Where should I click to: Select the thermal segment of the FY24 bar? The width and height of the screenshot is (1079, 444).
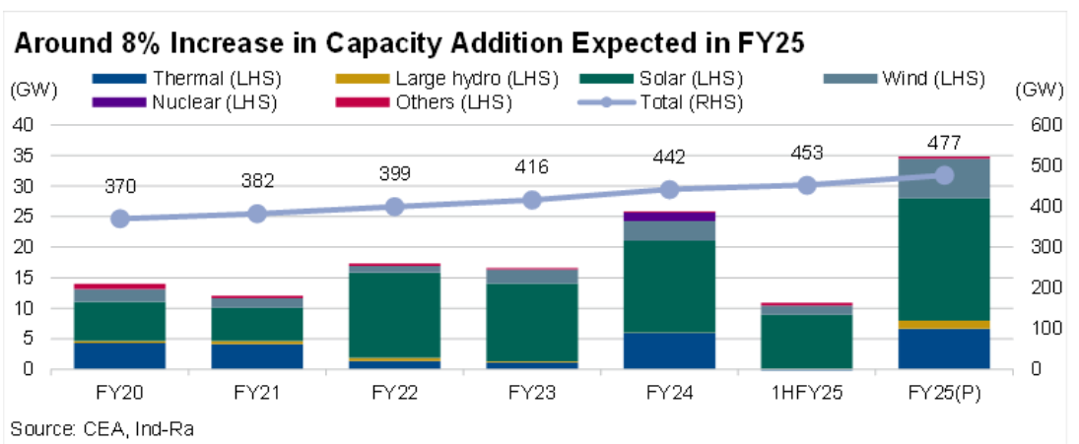[669, 350]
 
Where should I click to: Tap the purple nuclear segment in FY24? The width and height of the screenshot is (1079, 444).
[669, 216]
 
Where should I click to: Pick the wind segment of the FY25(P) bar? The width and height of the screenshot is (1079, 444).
[944, 178]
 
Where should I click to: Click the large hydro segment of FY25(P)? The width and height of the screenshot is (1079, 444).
[944, 324]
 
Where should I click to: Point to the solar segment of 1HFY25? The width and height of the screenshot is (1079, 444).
[806, 341]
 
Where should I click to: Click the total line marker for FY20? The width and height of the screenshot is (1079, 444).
[120, 219]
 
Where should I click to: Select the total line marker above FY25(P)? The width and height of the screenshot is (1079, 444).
[944, 175]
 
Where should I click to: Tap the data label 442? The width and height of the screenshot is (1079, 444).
[669, 158]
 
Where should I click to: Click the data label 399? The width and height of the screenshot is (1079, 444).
[394, 174]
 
